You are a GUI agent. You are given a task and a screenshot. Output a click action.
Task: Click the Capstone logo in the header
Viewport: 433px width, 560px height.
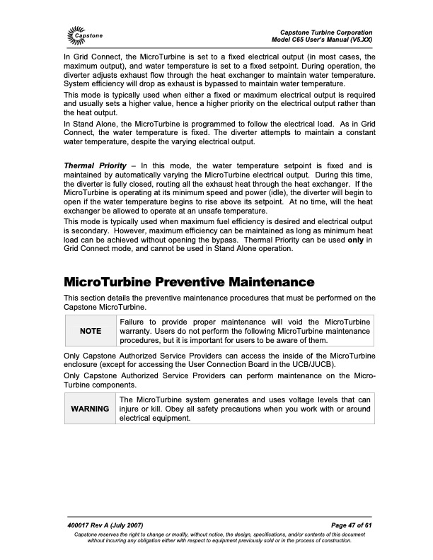(85, 34)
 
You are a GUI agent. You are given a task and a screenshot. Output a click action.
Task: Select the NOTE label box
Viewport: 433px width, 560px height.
(89, 330)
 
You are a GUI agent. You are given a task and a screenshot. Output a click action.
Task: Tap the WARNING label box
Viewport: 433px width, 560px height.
(89, 409)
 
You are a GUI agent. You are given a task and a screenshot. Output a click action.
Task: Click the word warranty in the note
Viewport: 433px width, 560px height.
(135, 330)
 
